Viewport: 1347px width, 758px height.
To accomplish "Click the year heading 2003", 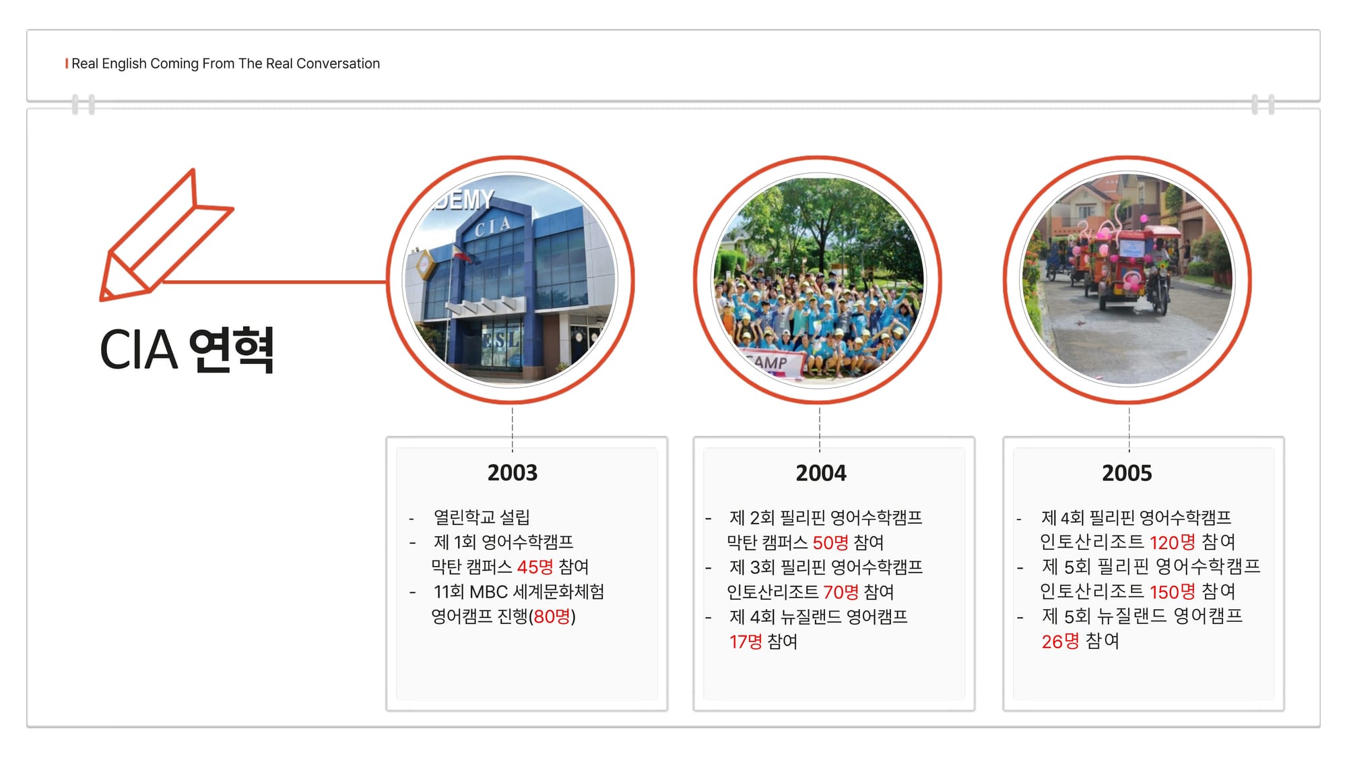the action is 513,473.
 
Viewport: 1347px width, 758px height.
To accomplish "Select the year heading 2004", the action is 821,473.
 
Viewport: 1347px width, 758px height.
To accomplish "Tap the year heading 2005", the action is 1127,473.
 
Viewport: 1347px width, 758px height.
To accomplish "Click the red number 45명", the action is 535,567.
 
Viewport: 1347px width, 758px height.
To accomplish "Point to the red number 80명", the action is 552,617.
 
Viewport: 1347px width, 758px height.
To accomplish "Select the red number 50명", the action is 830,542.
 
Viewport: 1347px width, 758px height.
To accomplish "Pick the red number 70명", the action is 841,592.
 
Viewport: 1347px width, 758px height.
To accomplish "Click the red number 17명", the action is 746,641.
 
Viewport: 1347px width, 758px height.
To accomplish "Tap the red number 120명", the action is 1172,542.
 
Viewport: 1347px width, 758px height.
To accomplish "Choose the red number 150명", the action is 1172,592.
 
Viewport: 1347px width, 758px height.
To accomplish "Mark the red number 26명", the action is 1060,641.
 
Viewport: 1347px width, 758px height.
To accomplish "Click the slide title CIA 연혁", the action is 187,350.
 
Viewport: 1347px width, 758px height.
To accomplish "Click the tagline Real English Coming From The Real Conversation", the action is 226,63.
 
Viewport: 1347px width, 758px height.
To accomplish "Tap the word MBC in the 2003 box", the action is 488,592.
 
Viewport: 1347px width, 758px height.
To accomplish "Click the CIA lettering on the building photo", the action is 492,226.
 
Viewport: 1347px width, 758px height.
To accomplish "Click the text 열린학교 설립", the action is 482,517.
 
